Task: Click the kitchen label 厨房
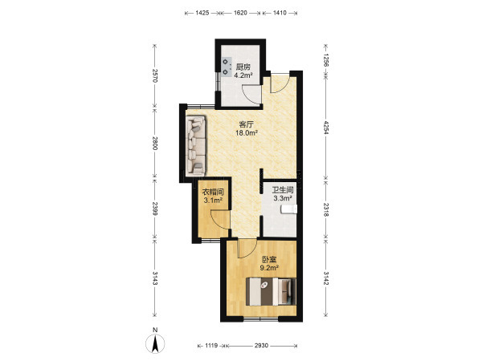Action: pos(243,67)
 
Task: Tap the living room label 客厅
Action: pos(247,124)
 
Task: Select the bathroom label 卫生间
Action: pos(283,190)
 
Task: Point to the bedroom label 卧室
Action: pos(269,259)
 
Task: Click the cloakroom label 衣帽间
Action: pos(213,193)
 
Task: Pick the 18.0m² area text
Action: pos(247,133)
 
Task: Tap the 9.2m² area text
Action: pos(269,268)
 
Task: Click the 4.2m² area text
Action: pos(243,75)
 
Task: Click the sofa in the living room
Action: pos(196,145)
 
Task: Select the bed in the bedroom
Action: pos(271,292)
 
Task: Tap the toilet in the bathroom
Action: pos(289,209)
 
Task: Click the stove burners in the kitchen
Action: pos(226,67)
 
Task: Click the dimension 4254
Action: pos(326,128)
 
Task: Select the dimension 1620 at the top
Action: pos(240,13)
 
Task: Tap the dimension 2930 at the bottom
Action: pos(261,346)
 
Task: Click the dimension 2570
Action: pos(155,75)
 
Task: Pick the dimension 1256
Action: pos(326,60)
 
